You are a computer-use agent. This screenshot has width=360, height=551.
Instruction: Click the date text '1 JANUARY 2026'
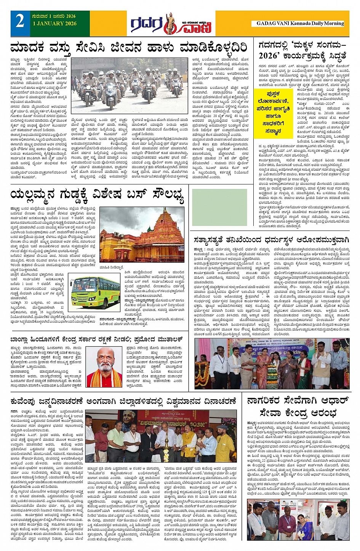[54, 24]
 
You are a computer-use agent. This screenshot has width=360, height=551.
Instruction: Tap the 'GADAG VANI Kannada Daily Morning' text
[300, 23]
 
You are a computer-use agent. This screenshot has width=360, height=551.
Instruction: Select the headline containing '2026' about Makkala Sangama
[302, 50]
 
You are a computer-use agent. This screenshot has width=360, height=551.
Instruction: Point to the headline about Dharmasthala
[271, 240]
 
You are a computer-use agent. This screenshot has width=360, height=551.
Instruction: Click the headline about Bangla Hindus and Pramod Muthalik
[97, 340]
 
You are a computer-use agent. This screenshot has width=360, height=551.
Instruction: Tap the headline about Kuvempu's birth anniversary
[123, 401]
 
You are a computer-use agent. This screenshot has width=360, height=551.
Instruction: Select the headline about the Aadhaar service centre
[298, 407]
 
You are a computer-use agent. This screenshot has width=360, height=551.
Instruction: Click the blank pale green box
[219, 202]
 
